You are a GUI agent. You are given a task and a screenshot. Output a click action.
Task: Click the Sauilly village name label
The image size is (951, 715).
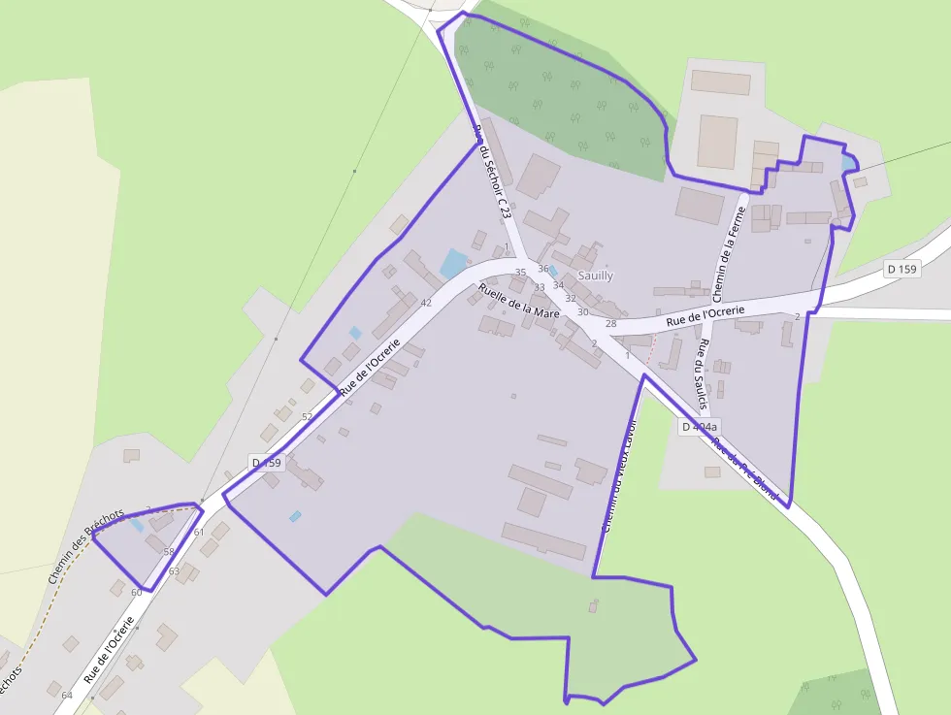[x=596, y=276]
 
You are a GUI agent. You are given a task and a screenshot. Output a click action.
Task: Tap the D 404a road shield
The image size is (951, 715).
[x=699, y=427]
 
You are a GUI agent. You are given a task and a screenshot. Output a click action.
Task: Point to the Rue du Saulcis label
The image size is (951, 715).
[x=702, y=374]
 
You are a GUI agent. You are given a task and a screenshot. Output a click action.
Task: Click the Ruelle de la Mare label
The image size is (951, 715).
[x=519, y=302]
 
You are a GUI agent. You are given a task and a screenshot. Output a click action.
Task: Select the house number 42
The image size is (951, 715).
[x=425, y=303]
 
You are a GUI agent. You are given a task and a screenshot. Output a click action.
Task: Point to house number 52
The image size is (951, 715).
[x=308, y=416]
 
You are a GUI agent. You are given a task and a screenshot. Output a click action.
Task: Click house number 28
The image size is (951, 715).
[x=610, y=323]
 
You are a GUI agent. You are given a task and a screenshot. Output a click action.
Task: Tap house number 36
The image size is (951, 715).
[x=543, y=269]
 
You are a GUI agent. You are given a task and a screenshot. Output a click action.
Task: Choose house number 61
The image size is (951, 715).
[x=199, y=532]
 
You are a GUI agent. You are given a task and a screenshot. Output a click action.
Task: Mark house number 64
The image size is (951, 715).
[x=67, y=696]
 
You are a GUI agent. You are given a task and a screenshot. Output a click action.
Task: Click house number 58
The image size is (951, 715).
[x=169, y=551]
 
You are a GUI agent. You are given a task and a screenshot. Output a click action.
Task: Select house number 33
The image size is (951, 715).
[x=540, y=287]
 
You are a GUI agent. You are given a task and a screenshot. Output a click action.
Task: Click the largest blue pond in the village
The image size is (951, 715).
[x=453, y=262]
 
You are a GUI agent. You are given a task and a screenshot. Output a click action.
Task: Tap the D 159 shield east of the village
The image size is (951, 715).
[x=902, y=269]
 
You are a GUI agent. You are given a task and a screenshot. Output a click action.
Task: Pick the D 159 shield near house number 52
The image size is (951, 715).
[x=266, y=463]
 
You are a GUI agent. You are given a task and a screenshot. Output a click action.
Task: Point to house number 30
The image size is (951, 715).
[x=583, y=311]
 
